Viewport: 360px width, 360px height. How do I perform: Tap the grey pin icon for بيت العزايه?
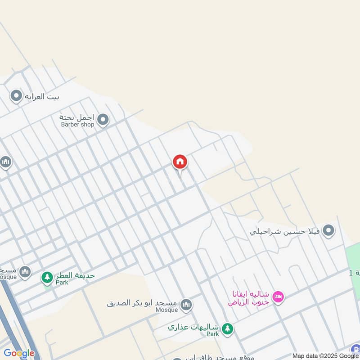click(x=16, y=96)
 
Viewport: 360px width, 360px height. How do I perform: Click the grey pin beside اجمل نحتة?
click(x=103, y=120)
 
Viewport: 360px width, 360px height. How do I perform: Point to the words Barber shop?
click(x=77, y=125)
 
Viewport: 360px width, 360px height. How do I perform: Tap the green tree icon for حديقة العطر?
click(x=47, y=277)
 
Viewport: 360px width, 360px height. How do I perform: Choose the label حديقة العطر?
click(x=75, y=275)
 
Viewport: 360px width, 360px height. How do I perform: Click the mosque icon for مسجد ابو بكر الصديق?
click(x=186, y=306)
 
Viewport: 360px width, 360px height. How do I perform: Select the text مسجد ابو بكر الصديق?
click(x=142, y=303)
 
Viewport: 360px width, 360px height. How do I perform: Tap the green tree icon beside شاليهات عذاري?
click(x=228, y=329)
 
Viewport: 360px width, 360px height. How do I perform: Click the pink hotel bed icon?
click(x=278, y=297)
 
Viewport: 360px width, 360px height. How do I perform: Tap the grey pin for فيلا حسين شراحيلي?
click(x=329, y=231)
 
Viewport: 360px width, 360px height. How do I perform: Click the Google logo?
click(x=19, y=354)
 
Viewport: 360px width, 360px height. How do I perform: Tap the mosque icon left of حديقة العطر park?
click(x=25, y=271)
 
